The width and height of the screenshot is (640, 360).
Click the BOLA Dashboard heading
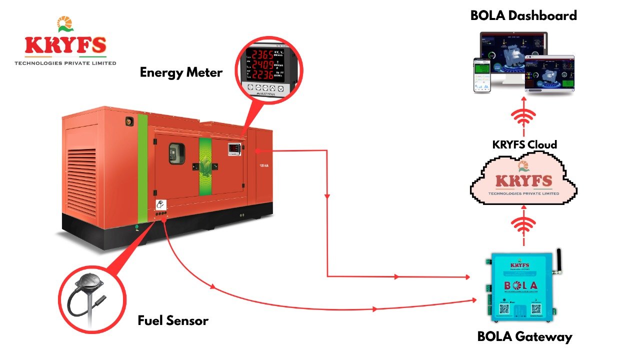coord(523,15)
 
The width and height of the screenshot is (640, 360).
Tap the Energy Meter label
coord(181,72)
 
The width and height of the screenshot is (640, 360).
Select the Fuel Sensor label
coord(173,320)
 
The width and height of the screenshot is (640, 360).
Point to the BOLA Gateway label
coord(524,336)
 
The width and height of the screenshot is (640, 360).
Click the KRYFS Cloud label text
coord(524,145)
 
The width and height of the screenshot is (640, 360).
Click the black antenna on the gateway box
coord(559,261)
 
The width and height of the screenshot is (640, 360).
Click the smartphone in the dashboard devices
coord(482,75)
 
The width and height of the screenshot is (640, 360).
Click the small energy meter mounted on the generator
coord(234,149)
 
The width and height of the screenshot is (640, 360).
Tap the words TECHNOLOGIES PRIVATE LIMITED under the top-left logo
coord(65,63)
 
